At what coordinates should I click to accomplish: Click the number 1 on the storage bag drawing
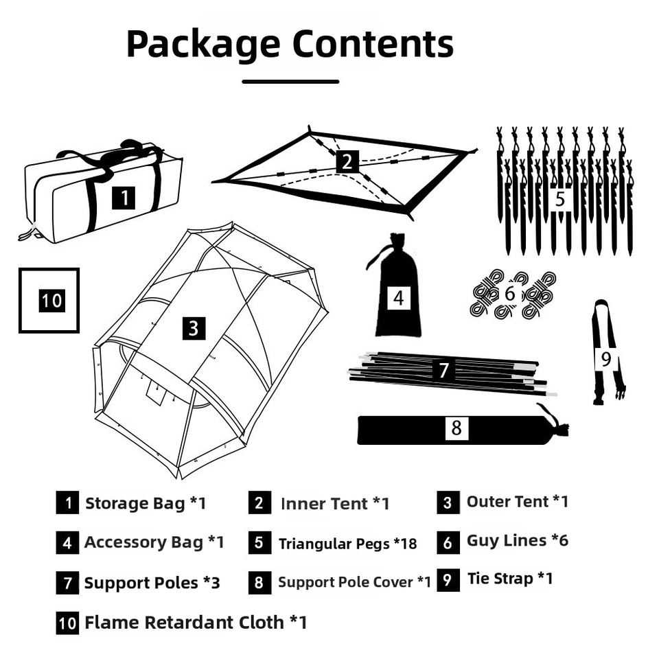coord(124,198)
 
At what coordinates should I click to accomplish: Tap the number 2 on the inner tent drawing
coord(348,162)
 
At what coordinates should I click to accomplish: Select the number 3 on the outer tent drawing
coord(193,328)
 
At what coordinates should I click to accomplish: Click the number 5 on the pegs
coord(559,199)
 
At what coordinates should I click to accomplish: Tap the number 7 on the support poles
coord(444,371)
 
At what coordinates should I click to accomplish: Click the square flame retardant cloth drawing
coord(49,301)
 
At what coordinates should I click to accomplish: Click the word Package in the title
coord(203,44)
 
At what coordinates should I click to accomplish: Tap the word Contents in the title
coord(373,44)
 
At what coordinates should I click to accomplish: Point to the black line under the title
coord(290,82)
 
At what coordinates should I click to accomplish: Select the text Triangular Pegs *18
coord(347,544)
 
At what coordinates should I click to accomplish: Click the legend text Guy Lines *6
coord(517,540)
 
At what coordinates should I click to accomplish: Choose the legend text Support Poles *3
coord(152,583)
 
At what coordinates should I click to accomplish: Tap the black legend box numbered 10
coord(67,623)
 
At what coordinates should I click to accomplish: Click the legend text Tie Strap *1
coord(510,579)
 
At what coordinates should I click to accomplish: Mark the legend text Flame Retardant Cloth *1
coord(196,623)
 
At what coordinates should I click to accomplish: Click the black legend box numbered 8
coord(259,583)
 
